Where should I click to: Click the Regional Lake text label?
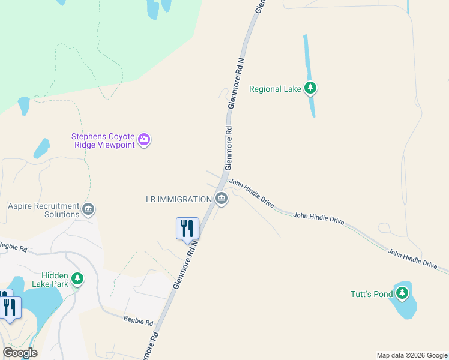[x=274, y=89]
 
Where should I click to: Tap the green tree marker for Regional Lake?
[x=310, y=89]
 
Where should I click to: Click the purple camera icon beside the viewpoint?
[x=144, y=140]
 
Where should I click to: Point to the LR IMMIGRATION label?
[x=179, y=199]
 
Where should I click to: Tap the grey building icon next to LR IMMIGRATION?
[x=221, y=199]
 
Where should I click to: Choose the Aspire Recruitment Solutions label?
[x=44, y=210]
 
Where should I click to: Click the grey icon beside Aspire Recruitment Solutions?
[x=88, y=209]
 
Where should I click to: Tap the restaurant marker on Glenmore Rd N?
[x=187, y=229]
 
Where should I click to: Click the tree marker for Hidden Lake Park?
[x=77, y=279]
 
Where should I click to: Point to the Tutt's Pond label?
[x=372, y=294]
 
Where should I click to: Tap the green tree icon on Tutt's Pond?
[x=402, y=293]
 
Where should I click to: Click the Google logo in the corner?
[x=20, y=353]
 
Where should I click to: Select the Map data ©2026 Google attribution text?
[x=411, y=355]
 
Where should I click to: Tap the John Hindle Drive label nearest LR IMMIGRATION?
[x=252, y=194]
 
